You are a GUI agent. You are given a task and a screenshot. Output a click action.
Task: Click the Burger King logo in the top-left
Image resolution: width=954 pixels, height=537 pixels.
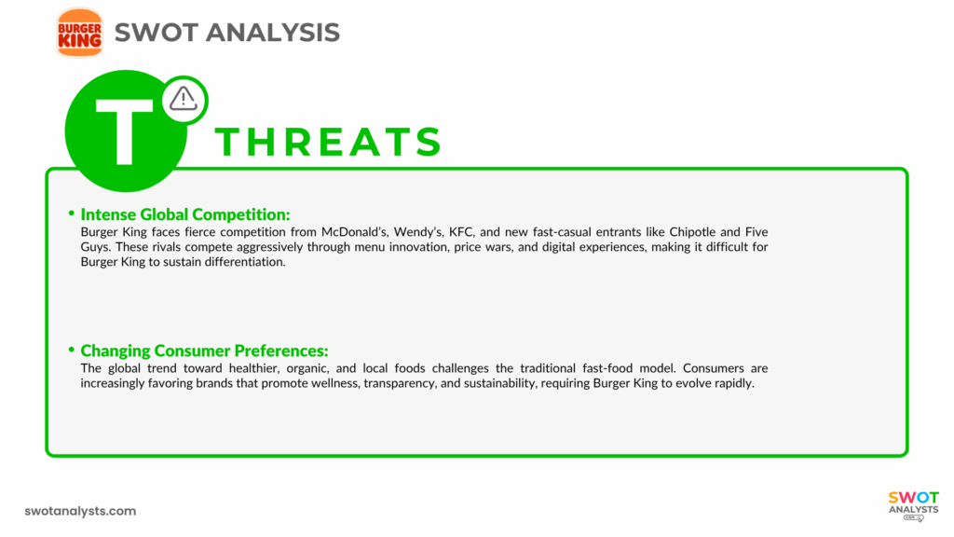tap(79, 32)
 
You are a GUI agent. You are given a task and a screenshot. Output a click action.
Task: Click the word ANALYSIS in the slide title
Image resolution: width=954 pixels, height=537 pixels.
tap(272, 32)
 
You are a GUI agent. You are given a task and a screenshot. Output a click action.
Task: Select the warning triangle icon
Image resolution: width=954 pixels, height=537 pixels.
tap(184, 98)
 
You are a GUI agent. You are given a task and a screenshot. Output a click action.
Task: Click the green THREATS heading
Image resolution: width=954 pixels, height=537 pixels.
tap(328, 142)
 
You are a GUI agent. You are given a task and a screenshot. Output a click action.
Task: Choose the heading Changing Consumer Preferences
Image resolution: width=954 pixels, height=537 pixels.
tap(204, 351)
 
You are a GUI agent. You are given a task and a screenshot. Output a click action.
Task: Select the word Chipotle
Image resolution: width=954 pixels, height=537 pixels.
tap(685, 231)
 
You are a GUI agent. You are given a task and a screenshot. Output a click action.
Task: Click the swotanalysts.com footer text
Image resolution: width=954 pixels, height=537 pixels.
tap(80, 511)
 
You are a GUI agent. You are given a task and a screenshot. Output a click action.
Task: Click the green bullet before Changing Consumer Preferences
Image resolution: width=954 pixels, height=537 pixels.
tap(72, 350)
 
